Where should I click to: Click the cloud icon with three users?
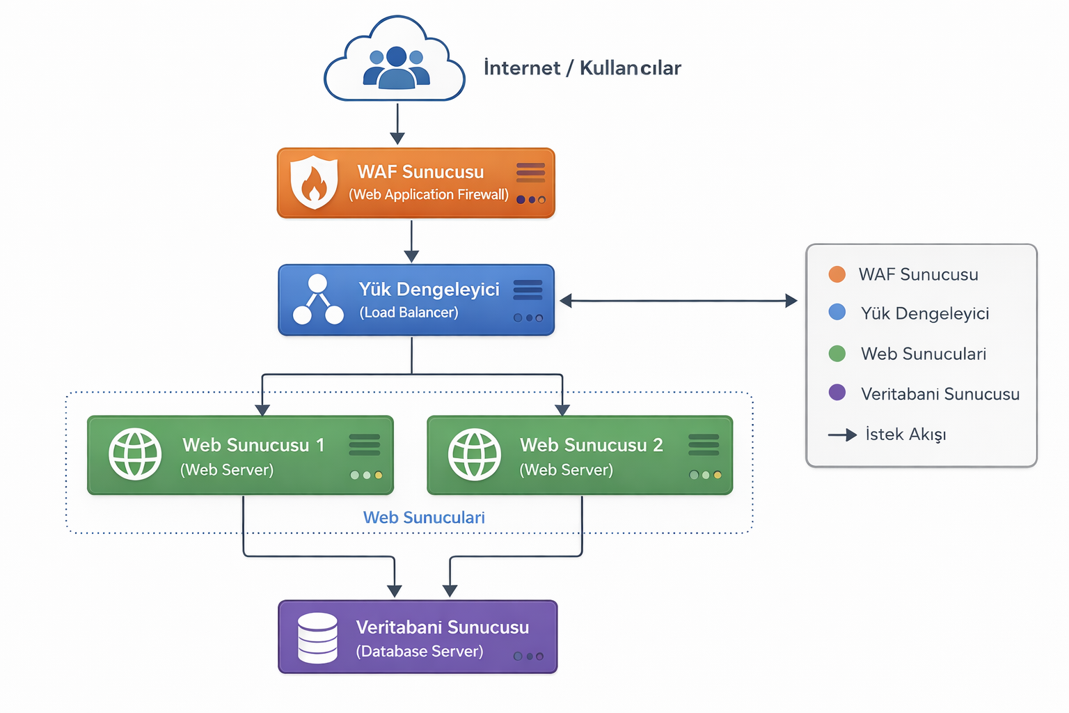(395, 61)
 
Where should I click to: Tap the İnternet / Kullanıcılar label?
(582, 68)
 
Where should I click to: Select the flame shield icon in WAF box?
(314, 182)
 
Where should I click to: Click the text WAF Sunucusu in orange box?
(420, 172)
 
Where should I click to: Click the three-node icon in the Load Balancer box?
(318, 300)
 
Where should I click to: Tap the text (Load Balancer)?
(409, 313)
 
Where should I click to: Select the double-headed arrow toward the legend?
(678, 301)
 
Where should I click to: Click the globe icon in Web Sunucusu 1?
(136, 455)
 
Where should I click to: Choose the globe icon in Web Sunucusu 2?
(475, 455)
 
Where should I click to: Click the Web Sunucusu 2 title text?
(591, 445)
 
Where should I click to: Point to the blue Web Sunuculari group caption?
(424, 517)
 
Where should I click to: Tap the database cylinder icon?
(317, 638)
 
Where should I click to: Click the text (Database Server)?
(419, 651)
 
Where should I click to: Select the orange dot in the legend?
(837, 274)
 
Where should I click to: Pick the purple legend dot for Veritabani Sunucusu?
(837, 393)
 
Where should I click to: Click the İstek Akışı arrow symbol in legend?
(842, 435)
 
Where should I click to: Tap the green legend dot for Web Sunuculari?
(837, 354)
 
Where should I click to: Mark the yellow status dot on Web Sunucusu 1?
(379, 476)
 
